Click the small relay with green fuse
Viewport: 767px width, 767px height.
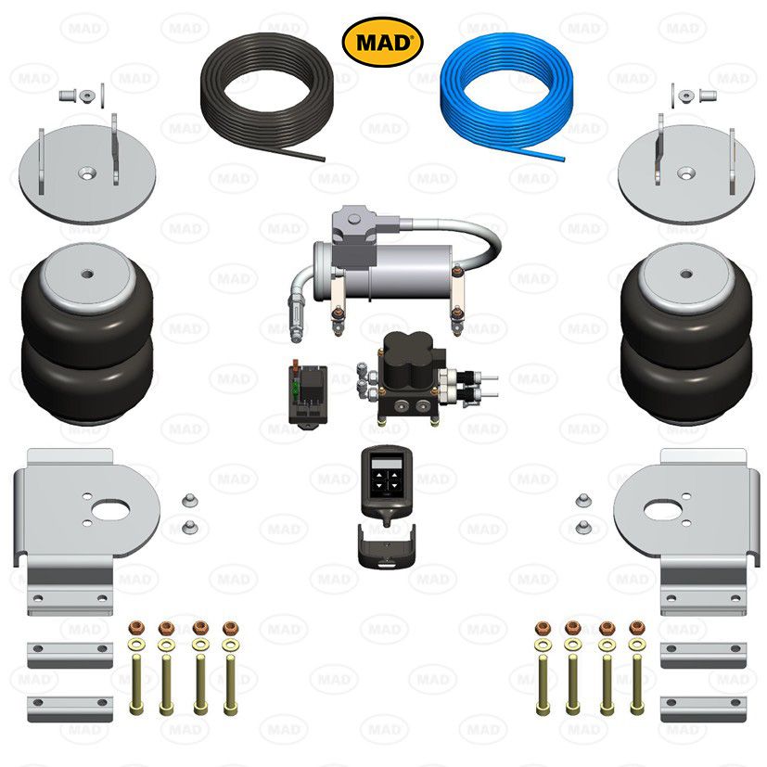306,394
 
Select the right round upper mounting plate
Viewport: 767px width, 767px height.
685,173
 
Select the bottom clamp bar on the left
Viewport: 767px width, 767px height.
70,709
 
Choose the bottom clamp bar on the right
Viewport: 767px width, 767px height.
703,709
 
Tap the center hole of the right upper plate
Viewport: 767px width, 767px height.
685,173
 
